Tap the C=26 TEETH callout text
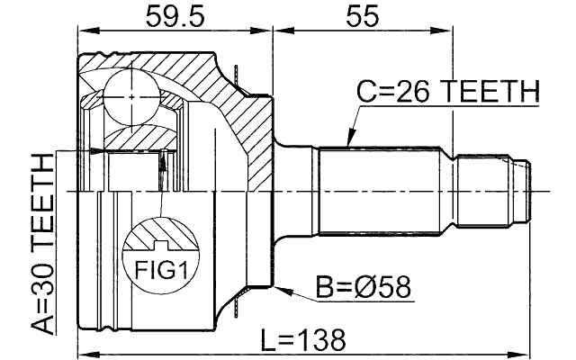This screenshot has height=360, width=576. (447, 92)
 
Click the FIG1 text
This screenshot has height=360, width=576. (162, 268)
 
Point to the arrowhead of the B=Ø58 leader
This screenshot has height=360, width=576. (282, 290)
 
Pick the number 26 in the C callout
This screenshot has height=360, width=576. (416, 92)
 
